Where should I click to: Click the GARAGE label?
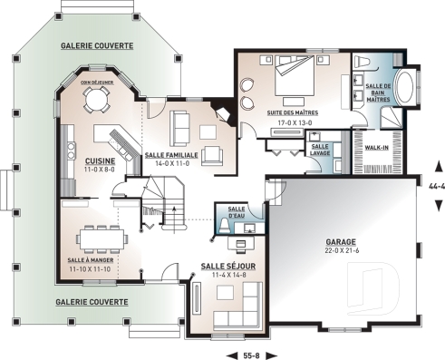(340, 242)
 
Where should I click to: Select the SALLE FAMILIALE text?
(168, 155)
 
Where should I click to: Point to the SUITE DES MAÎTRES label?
(290, 113)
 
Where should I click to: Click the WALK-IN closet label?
(377, 146)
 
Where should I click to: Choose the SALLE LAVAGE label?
(320, 149)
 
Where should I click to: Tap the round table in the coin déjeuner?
(97, 102)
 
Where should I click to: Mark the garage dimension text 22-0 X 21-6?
(340, 251)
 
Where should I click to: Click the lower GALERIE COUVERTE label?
(89, 301)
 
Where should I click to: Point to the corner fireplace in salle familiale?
(219, 113)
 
